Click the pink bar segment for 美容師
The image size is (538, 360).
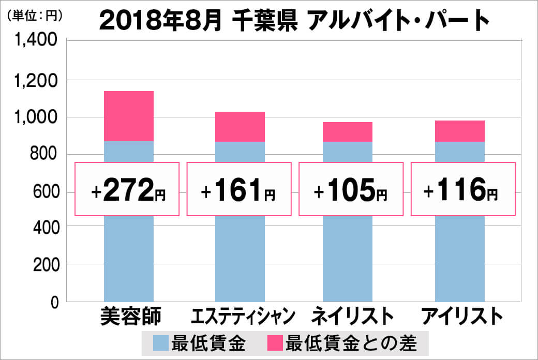click(129, 116)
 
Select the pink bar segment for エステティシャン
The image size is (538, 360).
click(240, 127)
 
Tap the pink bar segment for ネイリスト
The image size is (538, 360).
click(348, 132)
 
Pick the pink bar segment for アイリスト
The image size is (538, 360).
click(460, 131)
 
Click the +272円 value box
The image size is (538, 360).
click(128, 189)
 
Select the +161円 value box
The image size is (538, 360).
click(239, 189)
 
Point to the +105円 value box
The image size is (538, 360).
click(351, 189)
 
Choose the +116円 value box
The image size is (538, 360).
click(462, 189)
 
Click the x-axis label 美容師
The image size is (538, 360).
click(129, 316)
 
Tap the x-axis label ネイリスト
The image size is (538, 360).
click(352, 316)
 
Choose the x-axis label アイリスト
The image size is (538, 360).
click(462, 316)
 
